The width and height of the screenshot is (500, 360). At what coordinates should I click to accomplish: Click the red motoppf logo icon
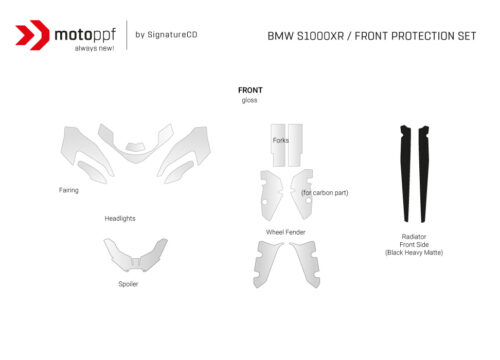[x=34, y=35]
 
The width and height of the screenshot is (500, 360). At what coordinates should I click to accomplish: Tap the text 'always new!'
[x=88, y=48]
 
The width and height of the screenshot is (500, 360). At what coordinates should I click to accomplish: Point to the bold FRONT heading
[x=250, y=90]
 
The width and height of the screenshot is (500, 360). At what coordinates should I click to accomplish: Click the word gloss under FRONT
[x=250, y=100]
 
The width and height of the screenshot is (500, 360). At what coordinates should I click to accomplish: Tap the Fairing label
[x=69, y=188]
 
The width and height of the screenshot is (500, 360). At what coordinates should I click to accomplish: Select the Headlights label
[x=120, y=218]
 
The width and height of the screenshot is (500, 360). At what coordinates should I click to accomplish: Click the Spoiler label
[x=128, y=283]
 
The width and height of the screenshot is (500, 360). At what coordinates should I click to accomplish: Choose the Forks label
[x=281, y=141]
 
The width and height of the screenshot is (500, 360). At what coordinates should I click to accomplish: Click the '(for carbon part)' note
[x=324, y=192]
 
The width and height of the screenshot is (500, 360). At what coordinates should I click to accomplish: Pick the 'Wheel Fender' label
[x=285, y=231]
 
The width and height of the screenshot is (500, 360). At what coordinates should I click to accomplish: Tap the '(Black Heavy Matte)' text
[x=414, y=253]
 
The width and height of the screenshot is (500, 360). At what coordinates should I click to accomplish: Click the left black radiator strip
[x=405, y=170]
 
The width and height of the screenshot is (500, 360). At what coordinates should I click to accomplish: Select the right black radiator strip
[x=425, y=170]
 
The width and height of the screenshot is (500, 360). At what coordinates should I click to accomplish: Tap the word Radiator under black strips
[x=414, y=237]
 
